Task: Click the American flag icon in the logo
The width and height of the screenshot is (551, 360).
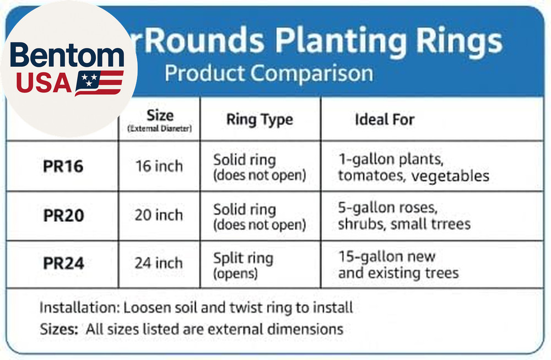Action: pos(99,83)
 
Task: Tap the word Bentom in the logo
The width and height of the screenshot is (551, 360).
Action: pos(67,57)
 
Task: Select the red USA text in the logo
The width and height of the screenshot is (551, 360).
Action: pos(43,83)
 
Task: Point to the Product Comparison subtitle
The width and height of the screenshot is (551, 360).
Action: pos(268,72)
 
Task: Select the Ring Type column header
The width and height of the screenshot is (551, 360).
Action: pos(260,120)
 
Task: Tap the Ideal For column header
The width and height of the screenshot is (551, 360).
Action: pos(385,119)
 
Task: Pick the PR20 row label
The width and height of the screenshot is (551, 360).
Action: pos(63,216)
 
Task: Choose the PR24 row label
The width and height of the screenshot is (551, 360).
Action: pos(63,264)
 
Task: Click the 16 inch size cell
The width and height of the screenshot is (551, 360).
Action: pos(159,166)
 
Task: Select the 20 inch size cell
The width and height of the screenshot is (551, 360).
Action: pos(159,215)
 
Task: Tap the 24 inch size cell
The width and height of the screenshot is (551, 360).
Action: pos(159,264)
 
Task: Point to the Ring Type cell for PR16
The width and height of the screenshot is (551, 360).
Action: pos(259,167)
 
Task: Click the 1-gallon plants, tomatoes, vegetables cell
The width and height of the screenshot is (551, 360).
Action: pos(413,167)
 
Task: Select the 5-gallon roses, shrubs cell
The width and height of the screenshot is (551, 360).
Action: pos(404,216)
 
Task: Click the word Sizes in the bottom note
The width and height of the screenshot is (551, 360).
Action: pos(58,330)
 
